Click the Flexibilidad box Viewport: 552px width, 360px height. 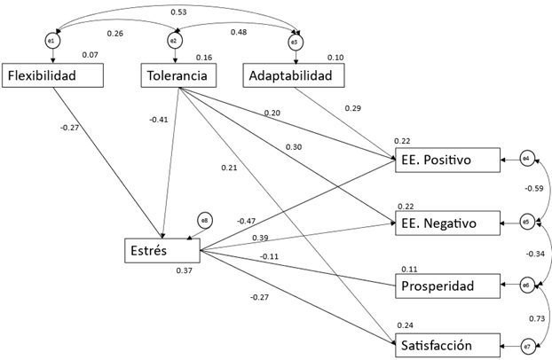tap(53, 75)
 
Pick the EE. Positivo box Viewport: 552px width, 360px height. tap(444, 160)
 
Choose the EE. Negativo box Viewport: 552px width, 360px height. tap(444, 223)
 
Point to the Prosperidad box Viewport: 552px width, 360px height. tap(444, 286)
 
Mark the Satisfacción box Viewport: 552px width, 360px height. tap(444, 345)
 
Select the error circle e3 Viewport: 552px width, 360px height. tap(295, 40)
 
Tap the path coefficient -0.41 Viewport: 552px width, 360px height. tap(160, 120)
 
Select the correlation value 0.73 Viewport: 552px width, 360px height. tap(535, 317)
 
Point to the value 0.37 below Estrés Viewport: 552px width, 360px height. tap(184, 270)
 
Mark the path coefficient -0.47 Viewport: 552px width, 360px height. tap(247, 221)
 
